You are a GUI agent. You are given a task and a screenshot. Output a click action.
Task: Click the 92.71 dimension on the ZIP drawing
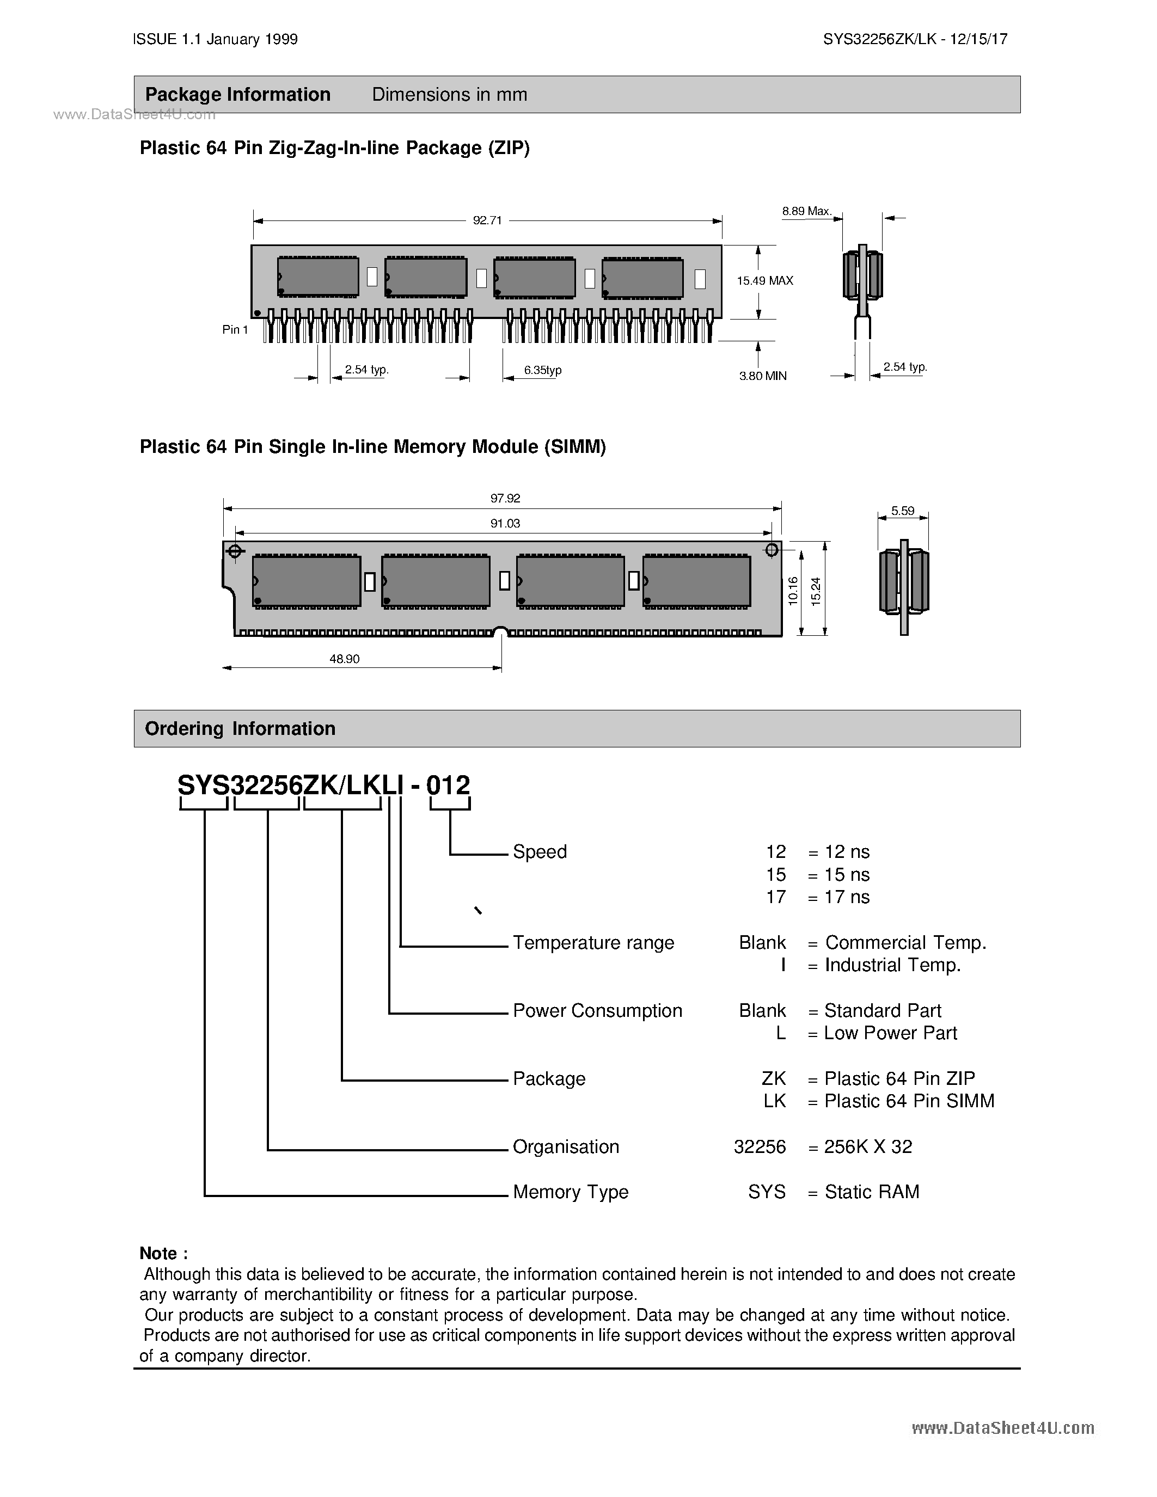tap(487, 220)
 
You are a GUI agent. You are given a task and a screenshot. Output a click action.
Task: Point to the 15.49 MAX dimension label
tap(765, 280)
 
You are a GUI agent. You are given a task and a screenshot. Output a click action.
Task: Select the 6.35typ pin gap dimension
tap(543, 370)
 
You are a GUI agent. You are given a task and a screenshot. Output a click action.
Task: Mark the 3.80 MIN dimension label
tap(762, 376)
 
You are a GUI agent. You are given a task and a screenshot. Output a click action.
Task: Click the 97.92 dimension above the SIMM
tap(505, 498)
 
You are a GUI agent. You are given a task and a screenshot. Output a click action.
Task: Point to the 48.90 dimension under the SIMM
tap(344, 659)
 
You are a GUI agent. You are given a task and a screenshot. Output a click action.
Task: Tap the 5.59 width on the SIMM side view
tap(903, 511)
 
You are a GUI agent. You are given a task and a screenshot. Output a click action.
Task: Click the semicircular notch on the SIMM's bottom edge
tap(501, 632)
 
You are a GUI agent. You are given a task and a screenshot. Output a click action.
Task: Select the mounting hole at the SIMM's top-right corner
tap(771, 550)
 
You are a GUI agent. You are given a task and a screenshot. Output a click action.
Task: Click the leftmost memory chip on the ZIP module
tap(318, 277)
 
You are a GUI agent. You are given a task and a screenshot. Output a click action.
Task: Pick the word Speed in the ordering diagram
tap(540, 851)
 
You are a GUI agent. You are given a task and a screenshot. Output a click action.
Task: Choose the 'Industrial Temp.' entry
tap(892, 965)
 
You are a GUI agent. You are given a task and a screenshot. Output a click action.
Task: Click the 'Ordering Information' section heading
tap(240, 728)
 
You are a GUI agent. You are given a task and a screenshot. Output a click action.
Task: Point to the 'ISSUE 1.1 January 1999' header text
tap(215, 39)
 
